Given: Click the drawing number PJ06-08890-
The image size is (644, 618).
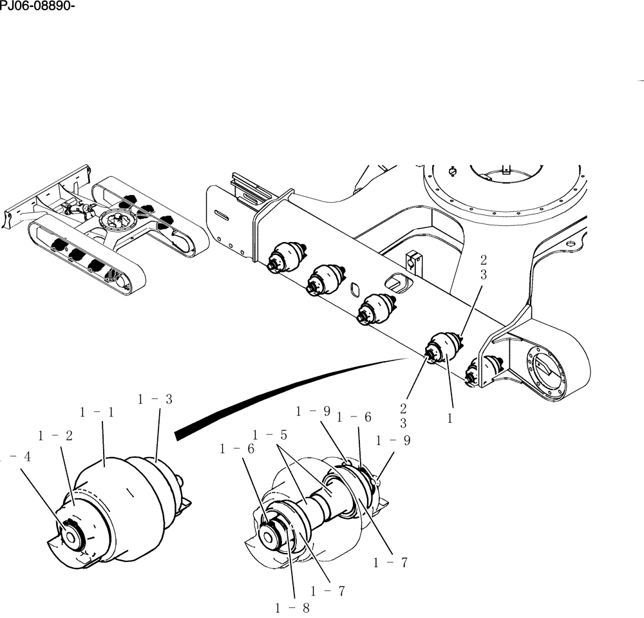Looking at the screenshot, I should pyautogui.click(x=35, y=8).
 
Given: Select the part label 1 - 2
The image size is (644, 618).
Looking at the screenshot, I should pyautogui.click(x=55, y=436).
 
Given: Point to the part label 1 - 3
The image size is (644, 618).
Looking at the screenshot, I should pyautogui.click(x=155, y=399).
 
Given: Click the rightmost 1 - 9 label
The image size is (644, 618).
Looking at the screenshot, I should pyautogui.click(x=393, y=441).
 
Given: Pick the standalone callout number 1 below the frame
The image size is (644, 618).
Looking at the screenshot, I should pyautogui.click(x=451, y=418).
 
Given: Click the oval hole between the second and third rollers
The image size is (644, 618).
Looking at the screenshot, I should pyautogui.click(x=354, y=290).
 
